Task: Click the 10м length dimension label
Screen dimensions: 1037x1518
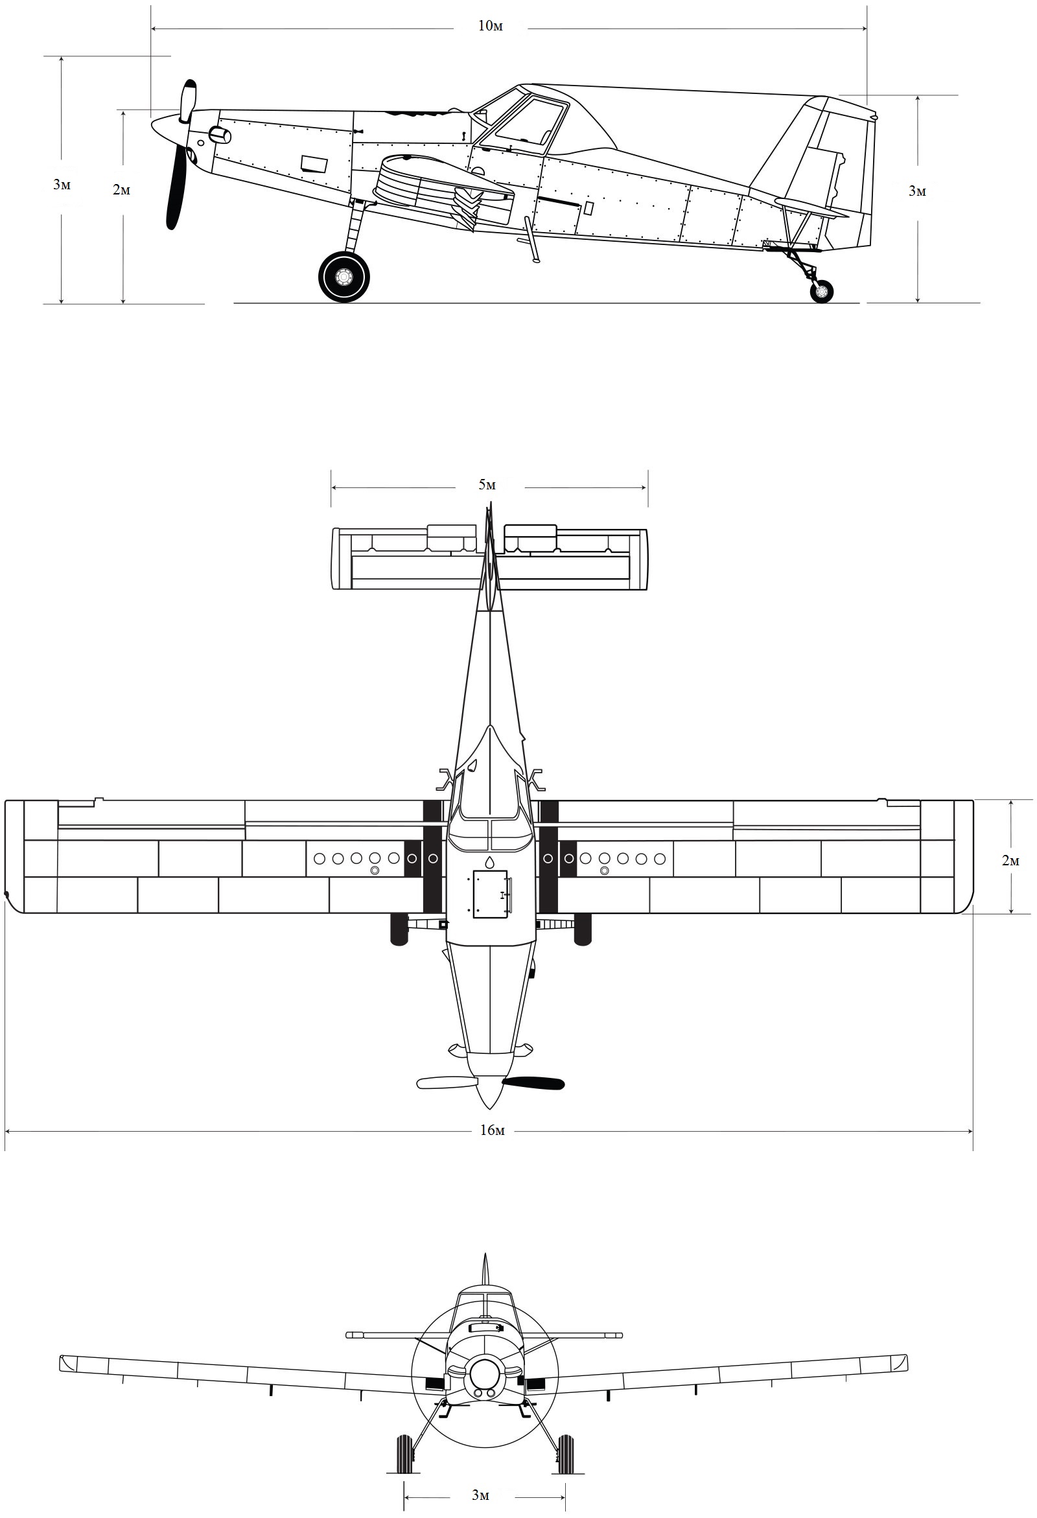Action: (491, 27)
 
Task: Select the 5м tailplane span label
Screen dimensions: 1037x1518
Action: (487, 485)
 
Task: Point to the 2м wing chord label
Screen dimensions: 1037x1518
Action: (1010, 860)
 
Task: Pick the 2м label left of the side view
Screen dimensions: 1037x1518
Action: (121, 190)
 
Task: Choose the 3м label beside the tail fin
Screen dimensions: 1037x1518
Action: (918, 191)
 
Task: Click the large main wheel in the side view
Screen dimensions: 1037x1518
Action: (344, 277)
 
